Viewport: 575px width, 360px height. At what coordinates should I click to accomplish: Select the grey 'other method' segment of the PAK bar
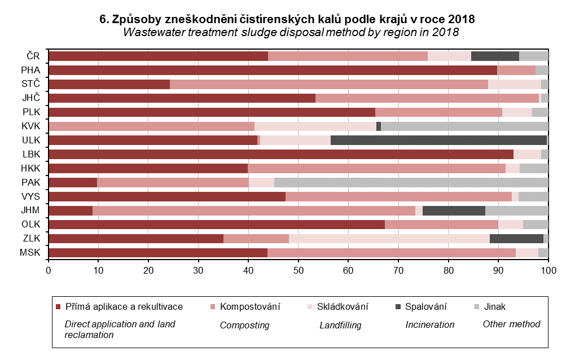point(411,182)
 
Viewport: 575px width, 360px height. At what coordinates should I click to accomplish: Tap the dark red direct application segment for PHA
point(273,70)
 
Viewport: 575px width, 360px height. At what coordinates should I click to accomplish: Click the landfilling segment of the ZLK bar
point(389,238)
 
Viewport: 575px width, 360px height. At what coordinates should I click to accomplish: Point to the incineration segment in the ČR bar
point(495,56)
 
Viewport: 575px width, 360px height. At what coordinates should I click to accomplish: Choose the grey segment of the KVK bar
point(464,126)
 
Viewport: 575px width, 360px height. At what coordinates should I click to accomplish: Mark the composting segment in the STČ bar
point(329,84)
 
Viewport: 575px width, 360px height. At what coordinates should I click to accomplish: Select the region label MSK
point(32,252)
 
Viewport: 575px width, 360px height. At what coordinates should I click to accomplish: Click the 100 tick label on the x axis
point(548,271)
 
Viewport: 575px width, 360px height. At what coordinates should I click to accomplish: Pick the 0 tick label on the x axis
point(49,271)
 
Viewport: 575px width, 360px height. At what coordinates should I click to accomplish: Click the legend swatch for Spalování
point(398,307)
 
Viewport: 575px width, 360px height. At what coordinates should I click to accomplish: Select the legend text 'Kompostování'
point(250,307)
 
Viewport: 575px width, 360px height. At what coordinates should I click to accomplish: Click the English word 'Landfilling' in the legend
point(340,325)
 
